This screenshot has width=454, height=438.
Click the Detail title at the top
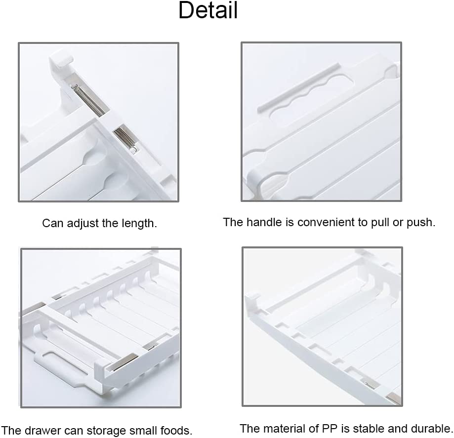pos(208,10)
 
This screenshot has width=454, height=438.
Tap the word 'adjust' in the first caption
pos(79,224)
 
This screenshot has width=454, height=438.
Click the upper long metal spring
pos(88,100)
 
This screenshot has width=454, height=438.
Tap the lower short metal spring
pos(125,139)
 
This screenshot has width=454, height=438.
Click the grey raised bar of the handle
pos(299,87)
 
